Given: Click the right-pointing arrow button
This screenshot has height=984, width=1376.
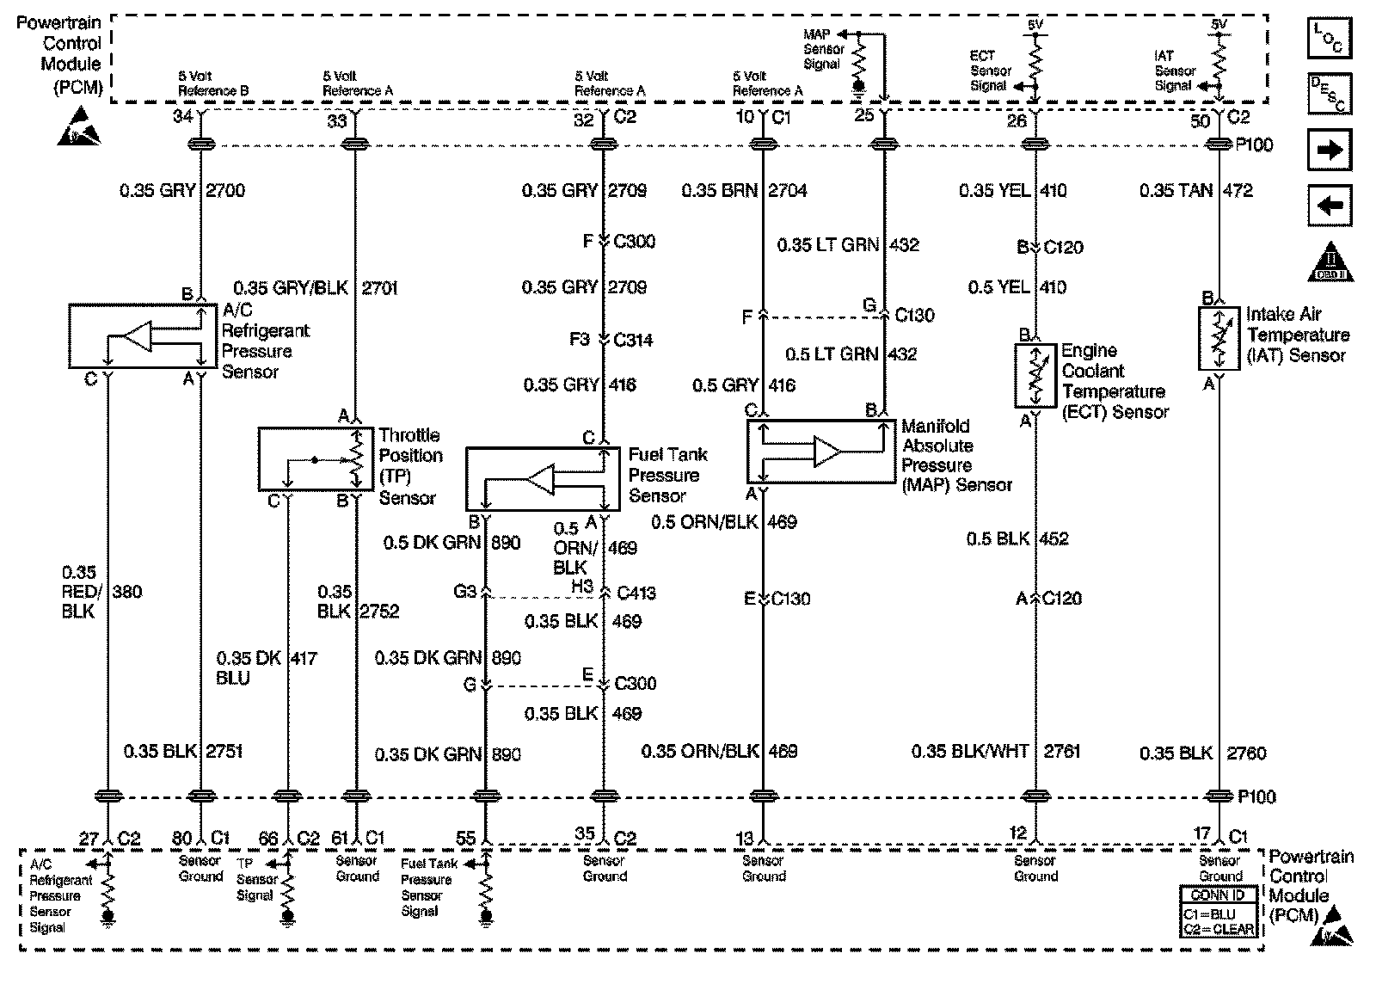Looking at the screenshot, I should (1330, 150).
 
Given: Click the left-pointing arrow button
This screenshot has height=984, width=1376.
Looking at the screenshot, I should (1330, 206).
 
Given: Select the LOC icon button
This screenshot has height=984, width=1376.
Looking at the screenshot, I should (1330, 38).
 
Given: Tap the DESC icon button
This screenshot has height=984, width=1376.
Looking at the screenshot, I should (1330, 94).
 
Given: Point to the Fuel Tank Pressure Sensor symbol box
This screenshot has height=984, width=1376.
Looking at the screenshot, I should (543, 479).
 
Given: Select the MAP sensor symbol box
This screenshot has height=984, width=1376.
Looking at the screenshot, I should (820, 452).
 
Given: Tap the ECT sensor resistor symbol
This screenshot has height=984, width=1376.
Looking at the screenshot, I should (1035, 376).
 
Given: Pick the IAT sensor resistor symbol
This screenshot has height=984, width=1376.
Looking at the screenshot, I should (1218, 338).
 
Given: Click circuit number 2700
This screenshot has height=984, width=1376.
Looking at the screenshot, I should (225, 190).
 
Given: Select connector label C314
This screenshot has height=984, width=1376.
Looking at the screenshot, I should (633, 340).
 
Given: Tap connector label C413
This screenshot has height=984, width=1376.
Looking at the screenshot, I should (636, 592).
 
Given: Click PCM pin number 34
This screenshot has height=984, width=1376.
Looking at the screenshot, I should (182, 116).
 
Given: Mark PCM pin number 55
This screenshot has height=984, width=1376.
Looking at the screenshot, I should (465, 838).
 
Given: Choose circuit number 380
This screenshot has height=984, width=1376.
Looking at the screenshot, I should (127, 592).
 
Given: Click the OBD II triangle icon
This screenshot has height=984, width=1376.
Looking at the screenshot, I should (1330, 261).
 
